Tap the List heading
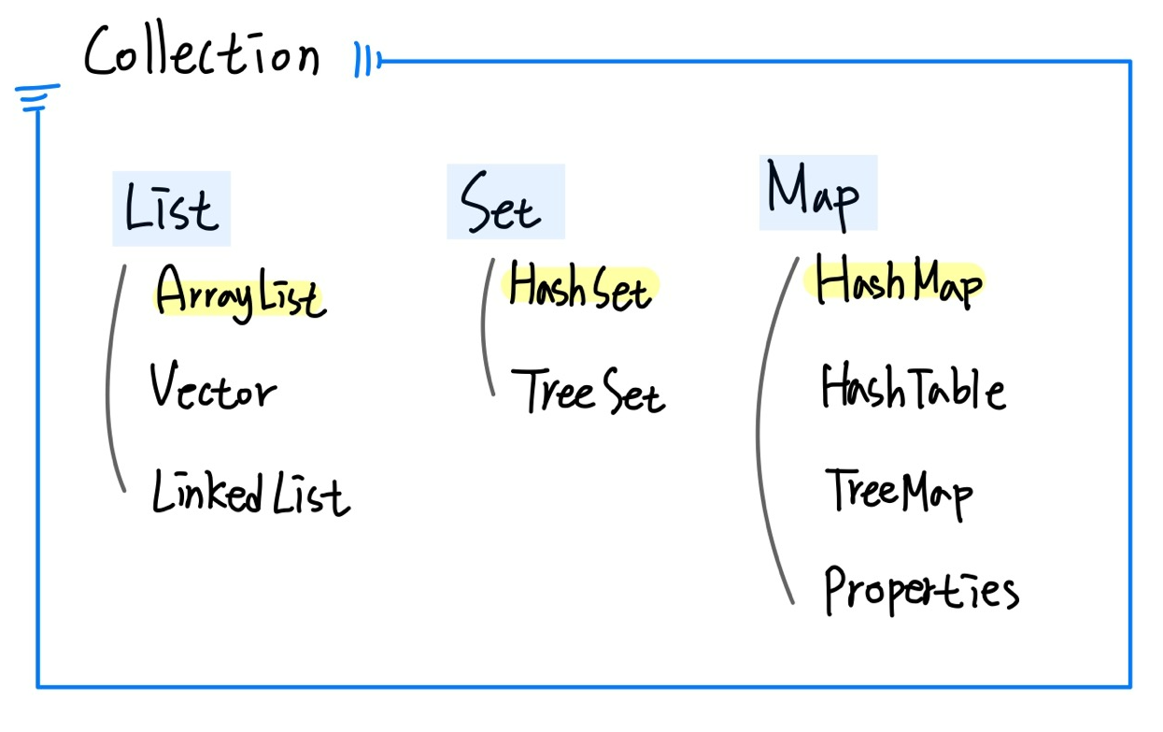click(x=172, y=208)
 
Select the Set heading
click(x=502, y=204)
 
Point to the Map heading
click(x=814, y=194)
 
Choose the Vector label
click(x=213, y=386)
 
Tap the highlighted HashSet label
click(x=580, y=286)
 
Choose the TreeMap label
click(x=899, y=491)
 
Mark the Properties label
click(x=921, y=588)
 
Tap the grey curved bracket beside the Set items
click(x=484, y=327)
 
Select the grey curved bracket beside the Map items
click(x=768, y=430)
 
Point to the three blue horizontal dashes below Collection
click(x=37, y=97)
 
